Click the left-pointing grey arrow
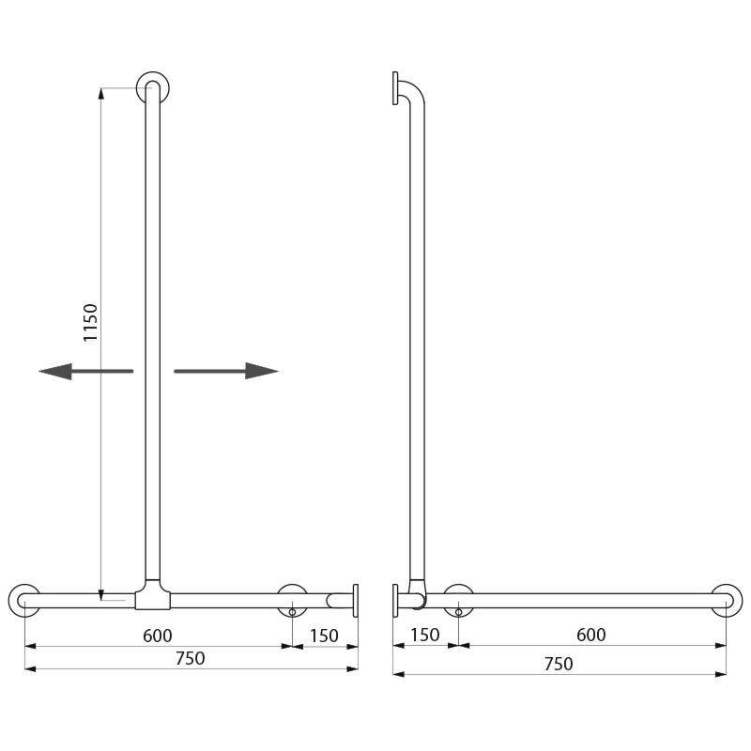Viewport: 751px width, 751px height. point(85,372)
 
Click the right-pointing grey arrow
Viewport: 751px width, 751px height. point(226,371)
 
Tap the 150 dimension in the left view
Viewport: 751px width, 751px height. point(324,636)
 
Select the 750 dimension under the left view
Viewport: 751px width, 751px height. point(190,658)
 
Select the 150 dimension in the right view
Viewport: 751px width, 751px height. point(424,636)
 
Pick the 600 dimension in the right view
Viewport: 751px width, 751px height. point(590,636)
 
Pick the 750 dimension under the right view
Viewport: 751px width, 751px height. point(558,663)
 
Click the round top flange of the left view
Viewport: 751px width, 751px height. point(152,87)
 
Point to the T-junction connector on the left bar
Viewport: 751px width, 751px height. point(152,594)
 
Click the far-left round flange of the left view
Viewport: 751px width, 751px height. point(24,600)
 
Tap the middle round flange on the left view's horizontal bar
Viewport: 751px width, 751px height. point(292,600)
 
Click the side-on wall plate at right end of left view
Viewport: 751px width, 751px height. point(356,600)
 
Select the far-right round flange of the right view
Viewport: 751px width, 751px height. point(726,600)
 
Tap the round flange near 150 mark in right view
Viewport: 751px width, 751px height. point(458,600)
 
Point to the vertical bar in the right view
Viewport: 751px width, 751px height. point(416,338)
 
